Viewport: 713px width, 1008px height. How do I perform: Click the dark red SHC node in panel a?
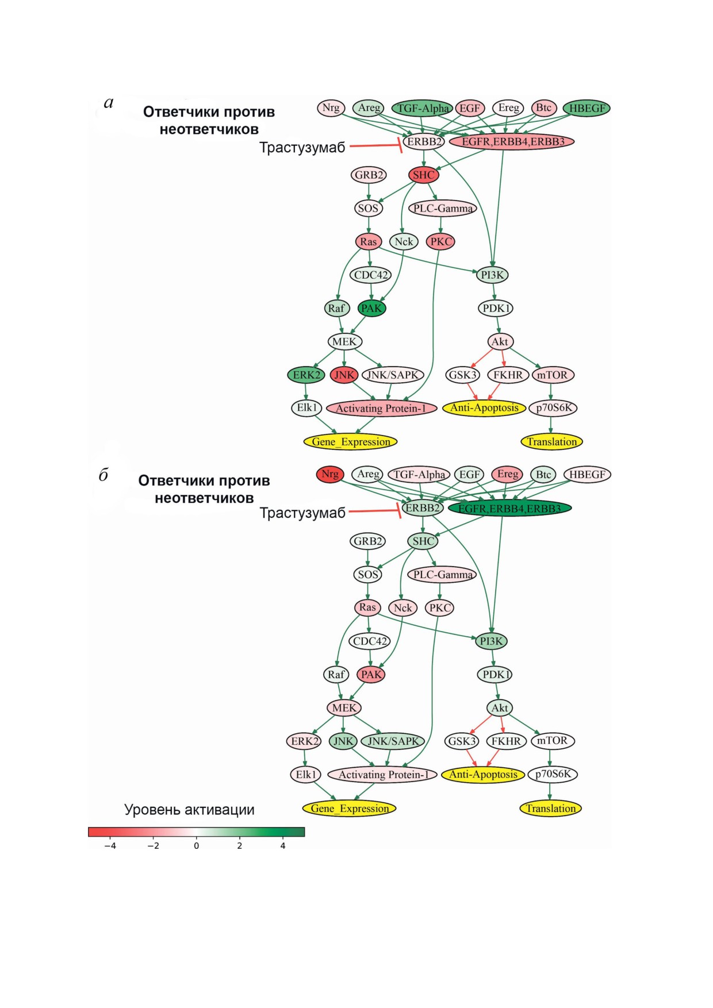click(424, 175)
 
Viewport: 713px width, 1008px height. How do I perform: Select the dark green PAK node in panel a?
click(371, 308)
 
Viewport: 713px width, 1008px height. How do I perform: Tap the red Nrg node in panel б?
click(329, 474)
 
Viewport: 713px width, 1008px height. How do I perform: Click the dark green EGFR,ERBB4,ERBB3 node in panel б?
click(509, 508)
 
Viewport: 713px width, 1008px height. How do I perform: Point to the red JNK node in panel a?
click(344, 375)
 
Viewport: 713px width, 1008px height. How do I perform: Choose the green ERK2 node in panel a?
click(306, 375)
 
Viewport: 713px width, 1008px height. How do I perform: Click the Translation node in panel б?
click(551, 808)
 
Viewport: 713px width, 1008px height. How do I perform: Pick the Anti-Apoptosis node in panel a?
click(484, 408)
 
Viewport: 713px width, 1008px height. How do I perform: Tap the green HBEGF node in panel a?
click(586, 108)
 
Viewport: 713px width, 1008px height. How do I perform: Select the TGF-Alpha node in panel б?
click(419, 475)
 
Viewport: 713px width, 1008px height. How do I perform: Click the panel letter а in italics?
click(109, 103)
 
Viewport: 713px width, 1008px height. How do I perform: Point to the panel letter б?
click(103, 475)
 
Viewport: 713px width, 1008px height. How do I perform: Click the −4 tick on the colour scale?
click(110, 845)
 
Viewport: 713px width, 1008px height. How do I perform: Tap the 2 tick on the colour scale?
click(239, 845)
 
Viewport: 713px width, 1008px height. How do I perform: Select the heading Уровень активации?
click(189, 810)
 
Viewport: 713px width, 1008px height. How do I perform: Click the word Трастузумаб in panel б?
click(302, 513)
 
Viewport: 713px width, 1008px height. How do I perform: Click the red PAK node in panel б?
click(371, 674)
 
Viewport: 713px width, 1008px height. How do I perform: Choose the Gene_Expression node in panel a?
click(351, 441)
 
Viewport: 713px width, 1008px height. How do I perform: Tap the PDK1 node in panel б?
click(494, 674)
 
